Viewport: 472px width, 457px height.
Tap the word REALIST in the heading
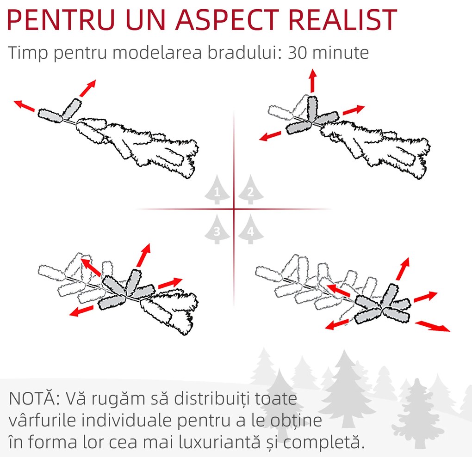coord(343,20)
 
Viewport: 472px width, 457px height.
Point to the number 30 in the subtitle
coord(298,53)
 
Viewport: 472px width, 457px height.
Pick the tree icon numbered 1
coord(217,189)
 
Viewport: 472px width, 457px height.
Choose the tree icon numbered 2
coord(251,189)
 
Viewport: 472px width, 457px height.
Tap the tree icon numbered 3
coord(217,229)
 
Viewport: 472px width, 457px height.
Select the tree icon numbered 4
coord(251,229)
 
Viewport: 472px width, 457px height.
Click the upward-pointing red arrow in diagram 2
coord(313,80)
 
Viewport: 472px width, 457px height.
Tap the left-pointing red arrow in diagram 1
coord(25,106)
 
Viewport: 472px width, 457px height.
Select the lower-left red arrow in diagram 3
coord(81,311)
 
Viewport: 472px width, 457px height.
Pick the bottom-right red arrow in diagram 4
coord(433,326)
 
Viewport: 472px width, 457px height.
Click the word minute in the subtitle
coord(341,53)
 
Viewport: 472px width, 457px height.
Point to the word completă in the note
coord(324,442)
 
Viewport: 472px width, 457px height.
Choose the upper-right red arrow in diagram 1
coord(88,88)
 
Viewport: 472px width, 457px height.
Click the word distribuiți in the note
coord(212,398)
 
